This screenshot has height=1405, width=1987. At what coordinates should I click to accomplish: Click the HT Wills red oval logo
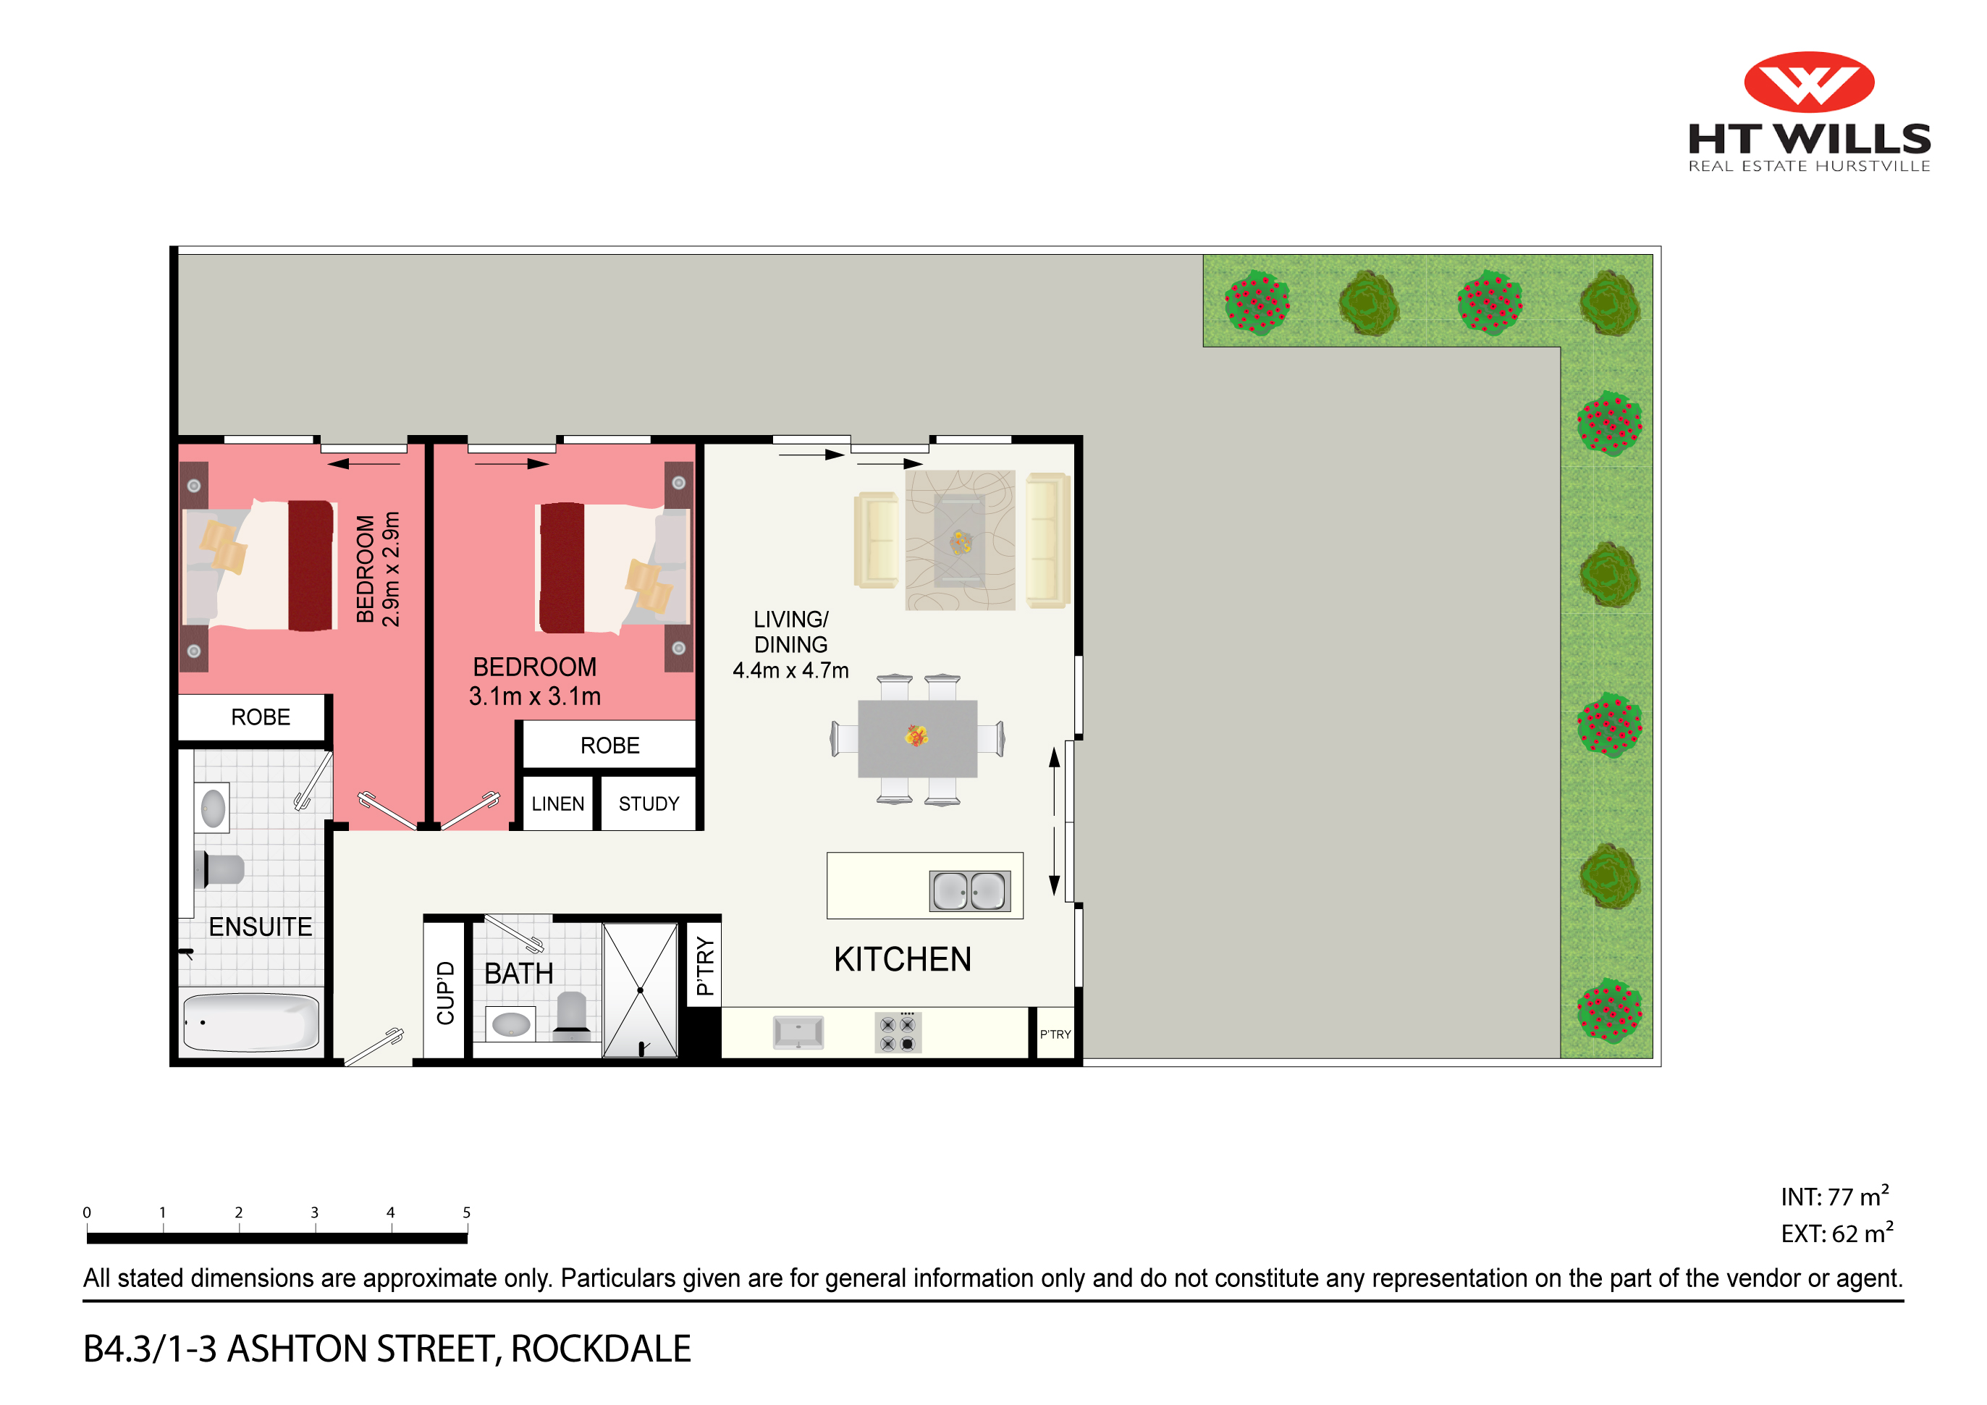[x=1808, y=83]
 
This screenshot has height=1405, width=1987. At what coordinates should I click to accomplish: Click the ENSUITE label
[x=260, y=927]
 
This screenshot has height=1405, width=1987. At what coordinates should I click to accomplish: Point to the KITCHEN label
[x=902, y=959]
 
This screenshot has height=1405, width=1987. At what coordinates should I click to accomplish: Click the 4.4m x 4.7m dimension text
[x=790, y=670]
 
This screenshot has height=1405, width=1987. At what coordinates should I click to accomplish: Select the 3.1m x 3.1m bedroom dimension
[x=534, y=696]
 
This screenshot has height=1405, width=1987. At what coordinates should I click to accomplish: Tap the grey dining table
[x=916, y=739]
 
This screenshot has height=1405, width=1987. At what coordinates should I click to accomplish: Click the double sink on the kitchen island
[x=969, y=890]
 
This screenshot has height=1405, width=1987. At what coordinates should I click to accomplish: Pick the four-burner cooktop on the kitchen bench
[x=898, y=1033]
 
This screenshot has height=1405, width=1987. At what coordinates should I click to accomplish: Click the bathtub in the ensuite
[x=251, y=1023]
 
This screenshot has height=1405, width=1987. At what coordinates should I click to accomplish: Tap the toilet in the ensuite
[x=221, y=869]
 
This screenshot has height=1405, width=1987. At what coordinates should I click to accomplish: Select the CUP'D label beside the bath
[x=446, y=992]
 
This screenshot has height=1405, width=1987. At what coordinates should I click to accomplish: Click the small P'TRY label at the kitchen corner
[x=1055, y=1034]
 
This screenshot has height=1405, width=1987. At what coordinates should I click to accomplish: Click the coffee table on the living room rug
[x=959, y=541]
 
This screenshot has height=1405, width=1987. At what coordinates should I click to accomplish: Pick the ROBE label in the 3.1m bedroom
[x=609, y=746]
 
